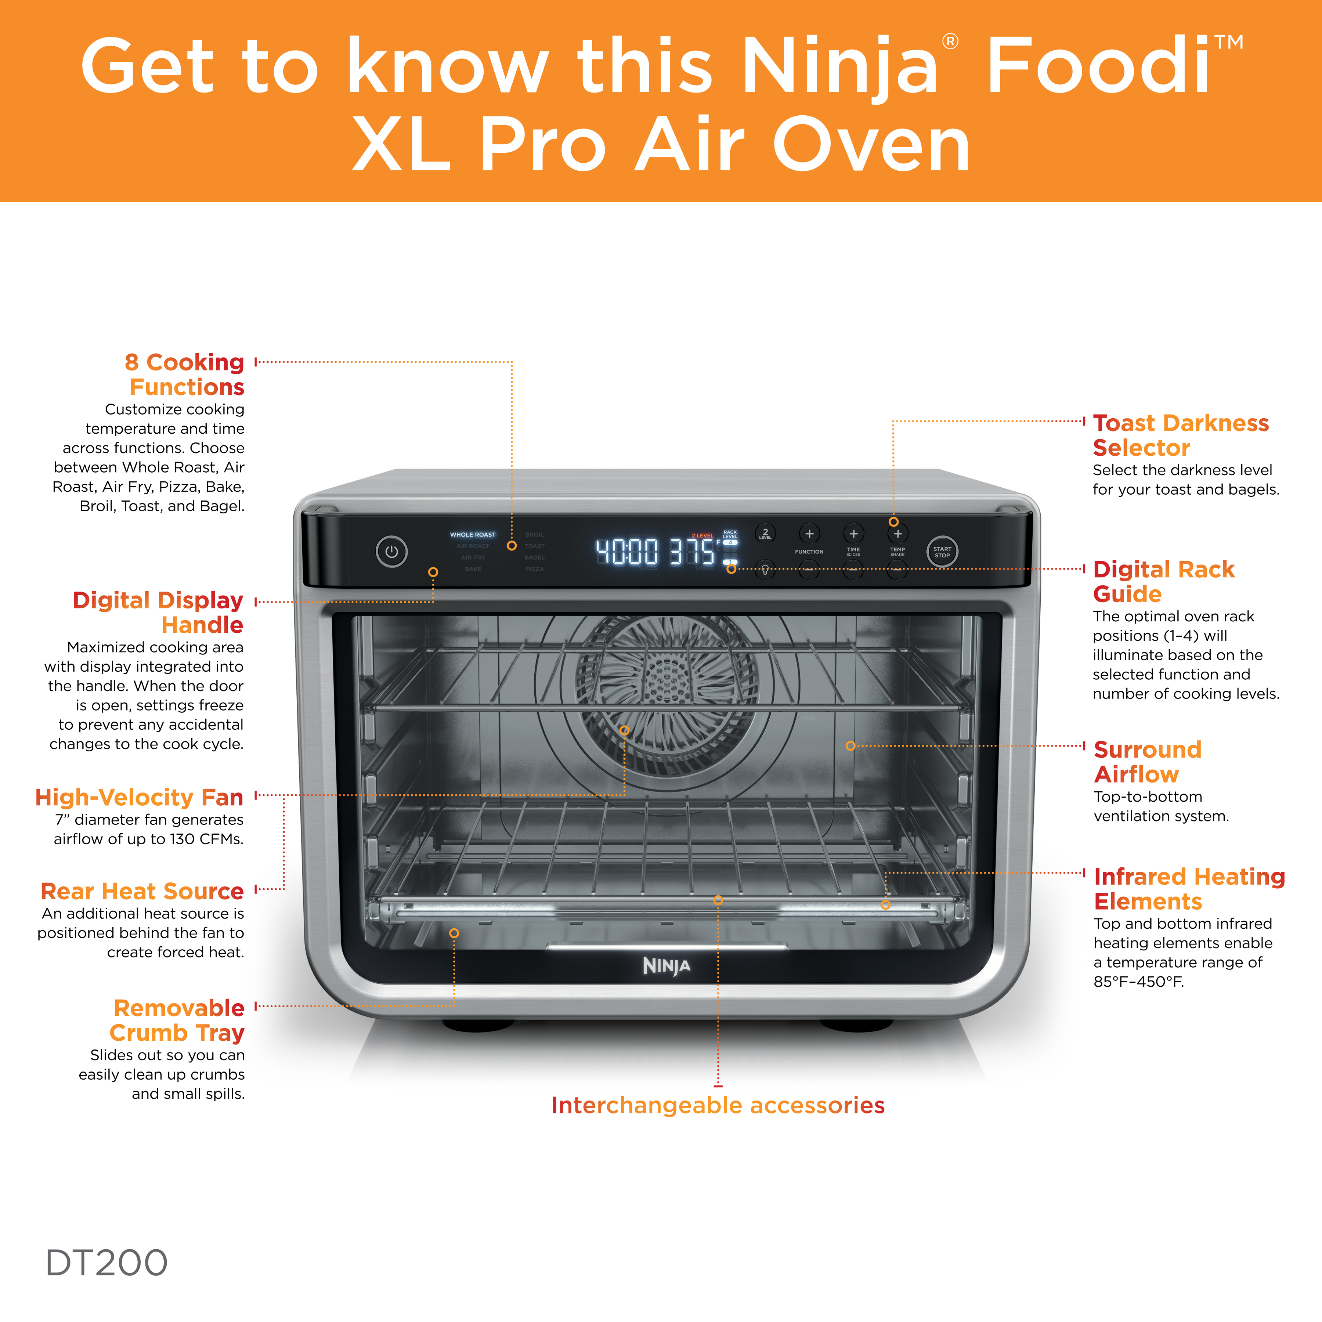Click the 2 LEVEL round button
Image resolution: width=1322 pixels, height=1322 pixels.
pos(765,533)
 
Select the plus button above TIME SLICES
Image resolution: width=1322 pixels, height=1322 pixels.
pos(853,533)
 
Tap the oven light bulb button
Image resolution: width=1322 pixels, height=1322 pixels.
pos(765,569)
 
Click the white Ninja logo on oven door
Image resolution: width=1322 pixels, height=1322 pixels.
pos(667,965)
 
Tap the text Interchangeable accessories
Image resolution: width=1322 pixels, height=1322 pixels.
pos(718,1105)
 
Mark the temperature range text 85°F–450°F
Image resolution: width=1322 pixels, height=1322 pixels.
pos(1138,981)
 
